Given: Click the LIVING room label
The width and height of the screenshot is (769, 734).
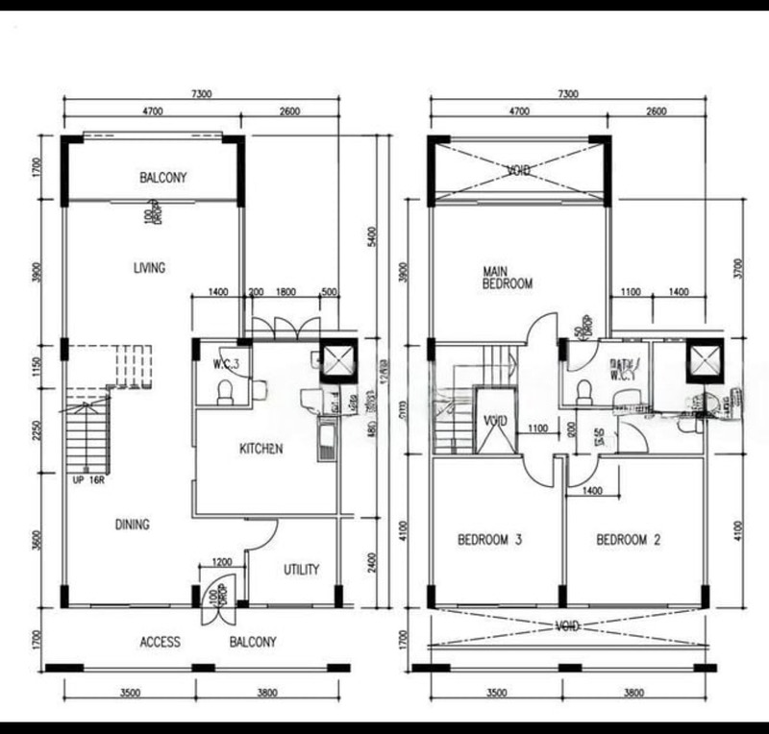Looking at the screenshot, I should (x=149, y=268).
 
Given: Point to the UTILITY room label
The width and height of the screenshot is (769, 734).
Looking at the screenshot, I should (x=301, y=570).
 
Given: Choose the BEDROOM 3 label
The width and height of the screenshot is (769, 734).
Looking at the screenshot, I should (x=489, y=540).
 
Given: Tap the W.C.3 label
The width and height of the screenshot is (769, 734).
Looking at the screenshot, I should (x=227, y=364).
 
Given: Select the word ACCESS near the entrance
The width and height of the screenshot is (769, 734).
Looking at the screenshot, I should (x=160, y=642).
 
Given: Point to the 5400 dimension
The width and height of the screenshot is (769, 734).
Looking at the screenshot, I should (x=373, y=236).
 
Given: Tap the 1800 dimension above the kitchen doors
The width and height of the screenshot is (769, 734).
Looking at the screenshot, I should (x=285, y=291).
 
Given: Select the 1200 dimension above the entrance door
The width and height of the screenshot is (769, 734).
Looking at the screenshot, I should (x=222, y=562).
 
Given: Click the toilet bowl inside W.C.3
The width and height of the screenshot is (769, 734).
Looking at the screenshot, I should (x=224, y=391).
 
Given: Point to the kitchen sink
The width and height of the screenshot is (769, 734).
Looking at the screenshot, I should (x=328, y=441).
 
